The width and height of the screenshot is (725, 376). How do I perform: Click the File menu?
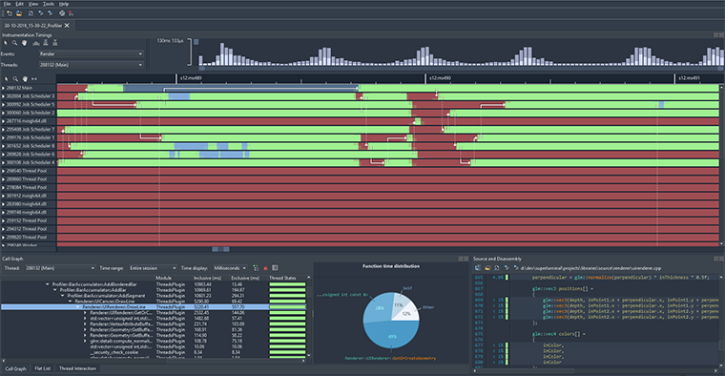pos(7,4)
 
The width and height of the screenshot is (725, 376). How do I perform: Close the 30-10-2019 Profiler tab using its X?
pos(70,25)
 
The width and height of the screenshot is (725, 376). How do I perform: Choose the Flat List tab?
pos(43,367)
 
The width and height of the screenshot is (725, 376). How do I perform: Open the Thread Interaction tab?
pos(79,367)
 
